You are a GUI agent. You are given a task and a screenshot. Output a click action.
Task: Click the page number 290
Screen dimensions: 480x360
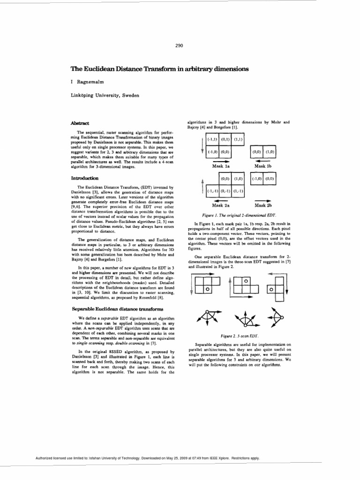click(x=179, y=45)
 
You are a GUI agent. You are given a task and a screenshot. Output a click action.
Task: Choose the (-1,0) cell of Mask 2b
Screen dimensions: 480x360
click(x=257, y=179)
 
